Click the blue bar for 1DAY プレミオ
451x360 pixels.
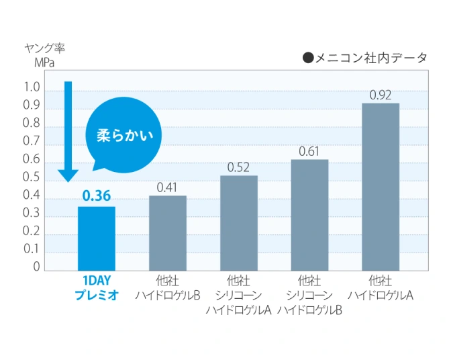(x=97, y=238)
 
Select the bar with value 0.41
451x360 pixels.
(x=167, y=233)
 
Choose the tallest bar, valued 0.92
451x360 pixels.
(x=381, y=187)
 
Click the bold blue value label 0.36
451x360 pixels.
(x=97, y=197)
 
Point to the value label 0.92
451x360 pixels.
(x=381, y=95)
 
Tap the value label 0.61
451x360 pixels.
(x=309, y=151)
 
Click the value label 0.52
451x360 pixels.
(x=239, y=167)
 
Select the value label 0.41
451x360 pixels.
(x=167, y=187)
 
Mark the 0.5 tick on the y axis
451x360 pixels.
(x=32, y=177)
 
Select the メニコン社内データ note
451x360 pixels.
(x=365, y=58)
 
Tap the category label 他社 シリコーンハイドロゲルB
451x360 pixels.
(x=309, y=295)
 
